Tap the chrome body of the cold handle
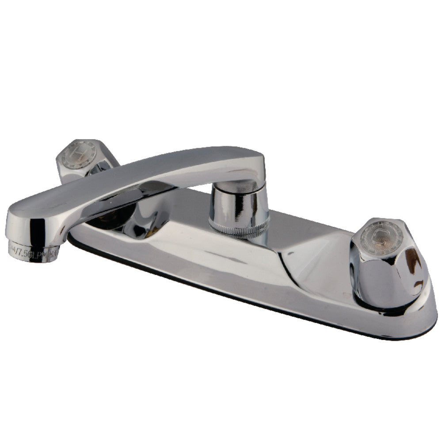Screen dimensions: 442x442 (x=389, y=274)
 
